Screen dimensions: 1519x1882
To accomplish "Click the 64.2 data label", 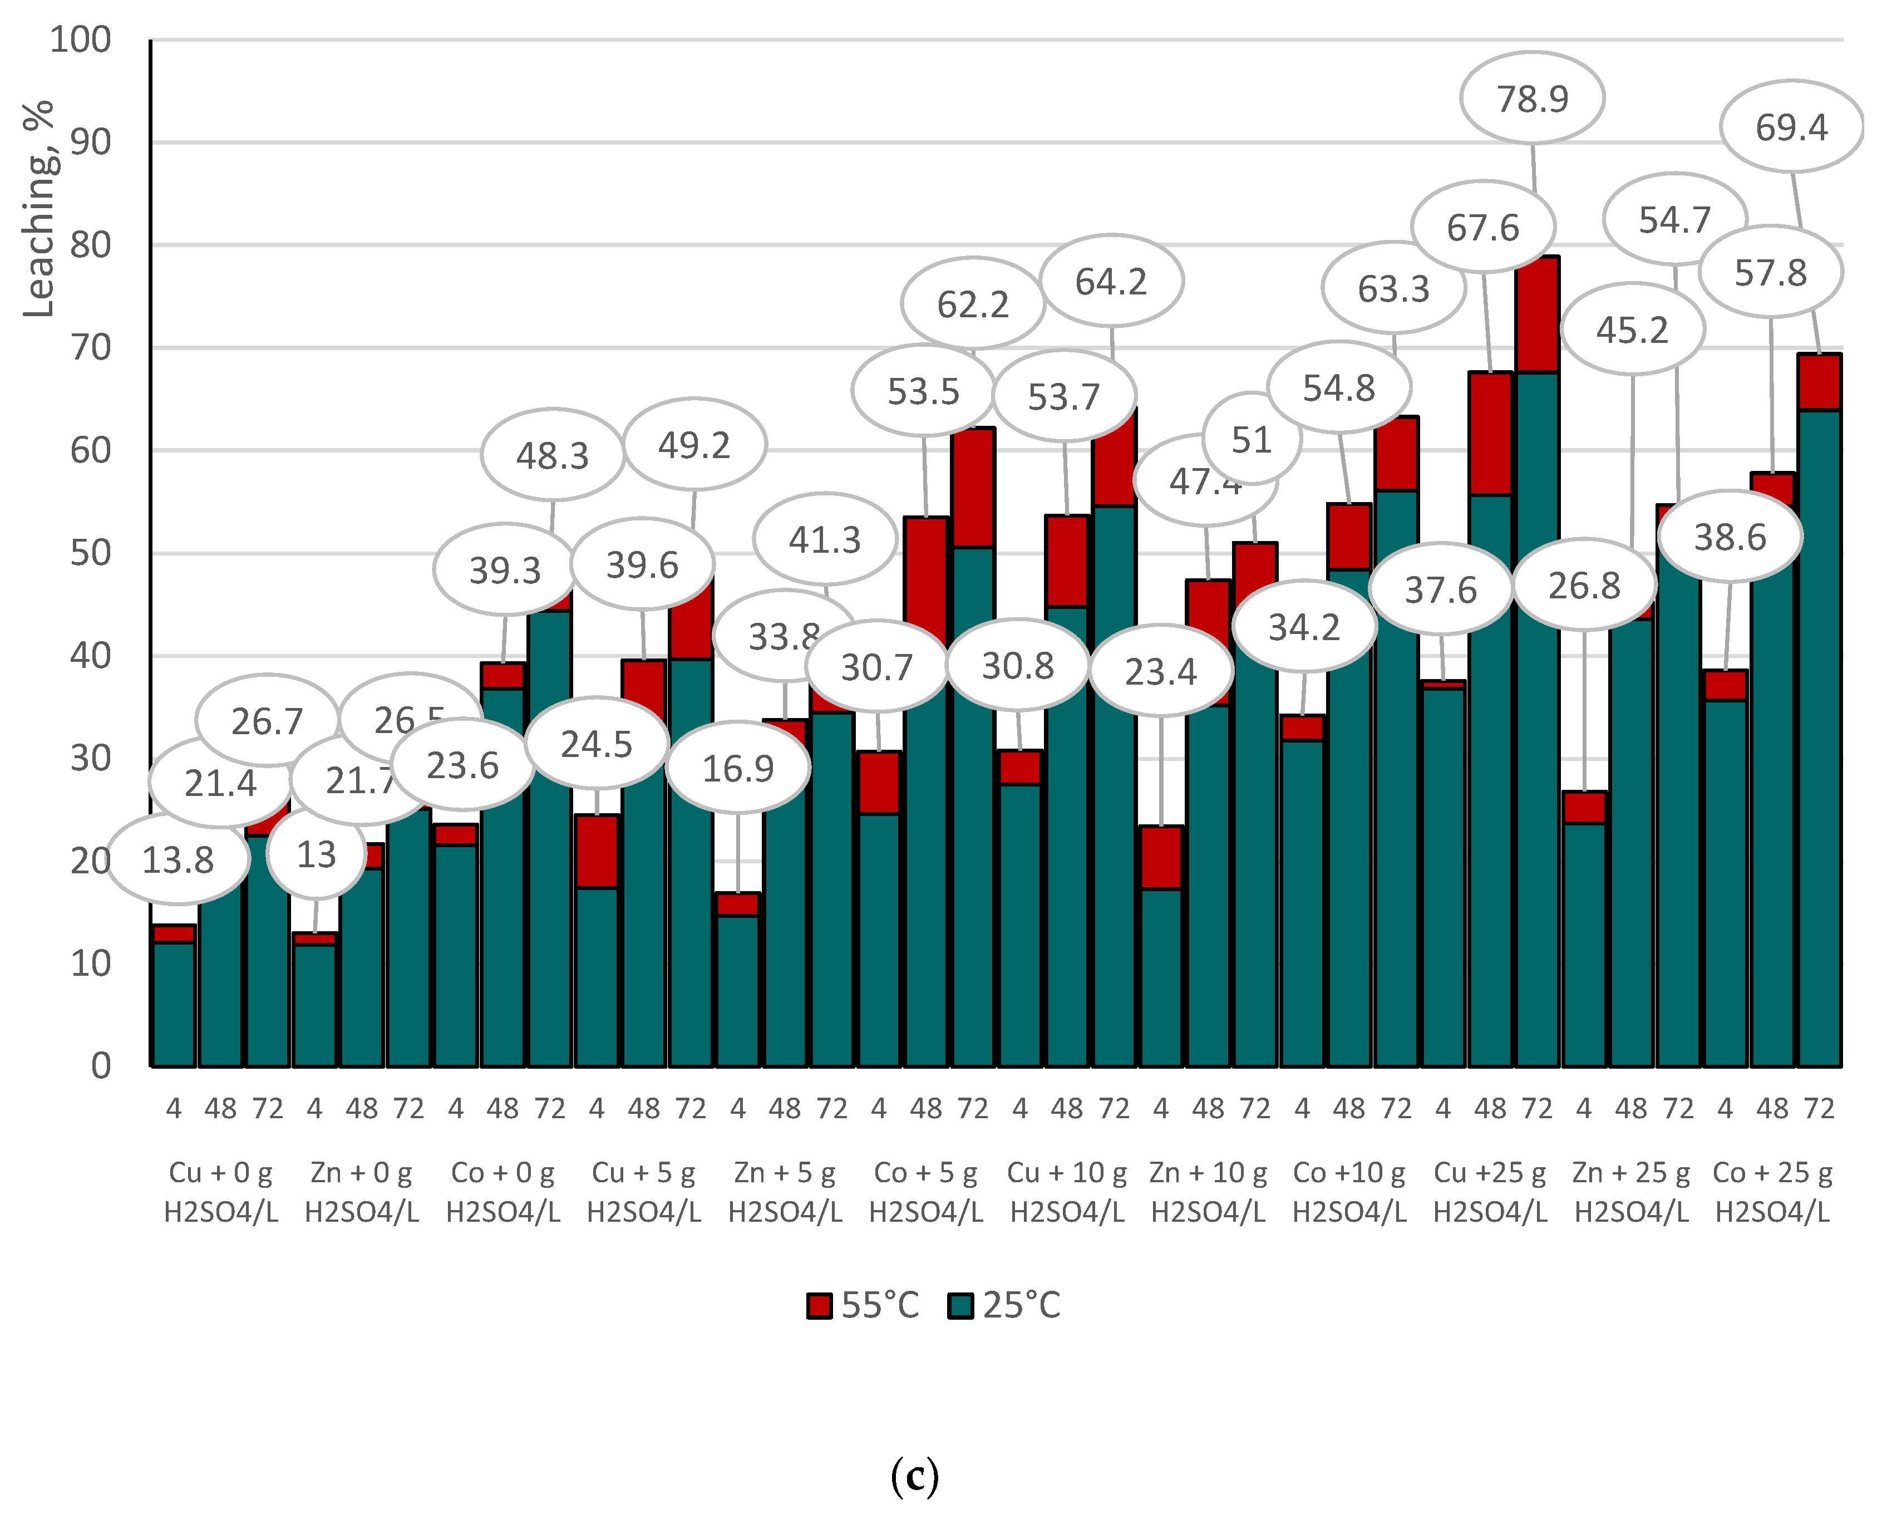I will tap(1111, 282).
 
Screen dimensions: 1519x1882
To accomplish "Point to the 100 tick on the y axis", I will tap(81, 40).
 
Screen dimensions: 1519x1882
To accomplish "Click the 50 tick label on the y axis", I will tap(90, 554).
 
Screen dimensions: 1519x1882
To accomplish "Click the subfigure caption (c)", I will tap(914, 1477).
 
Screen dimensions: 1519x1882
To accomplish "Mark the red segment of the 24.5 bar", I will tap(597, 852).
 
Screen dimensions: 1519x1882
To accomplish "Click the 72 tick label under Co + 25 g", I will tap(1819, 1109).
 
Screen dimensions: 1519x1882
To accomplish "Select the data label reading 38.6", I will tap(1730, 537).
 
